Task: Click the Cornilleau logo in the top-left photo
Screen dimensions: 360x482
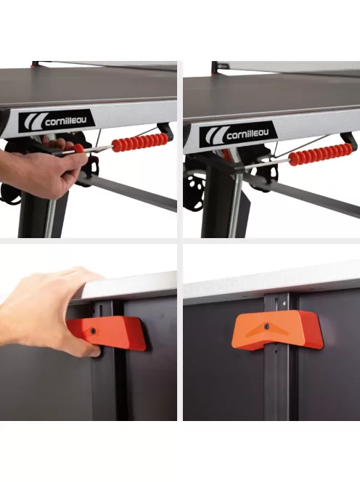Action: (57, 121)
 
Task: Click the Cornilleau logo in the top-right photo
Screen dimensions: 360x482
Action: (239, 134)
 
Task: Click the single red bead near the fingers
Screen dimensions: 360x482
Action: (78, 150)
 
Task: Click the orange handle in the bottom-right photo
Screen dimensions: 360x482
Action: (277, 330)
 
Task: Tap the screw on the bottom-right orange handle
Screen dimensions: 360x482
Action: (266, 327)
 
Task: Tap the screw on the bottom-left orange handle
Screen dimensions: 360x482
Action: (92, 331)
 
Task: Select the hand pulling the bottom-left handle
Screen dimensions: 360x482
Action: (46, 311)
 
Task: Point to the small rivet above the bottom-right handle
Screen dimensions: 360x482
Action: (285, 303)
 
